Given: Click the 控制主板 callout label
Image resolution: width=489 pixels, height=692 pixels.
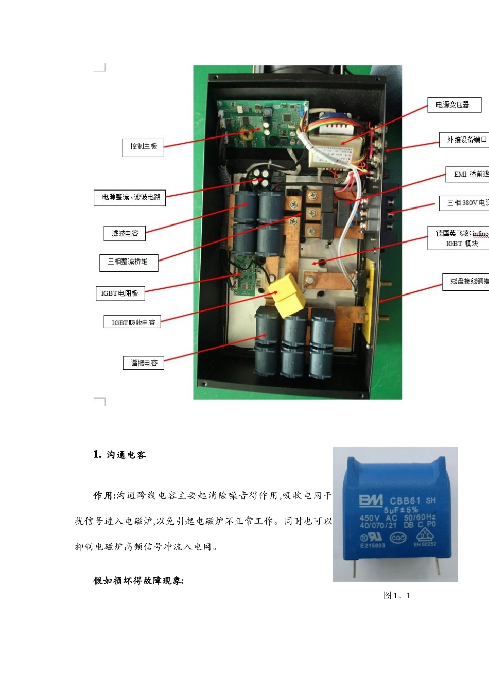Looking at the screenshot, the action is (143, 147).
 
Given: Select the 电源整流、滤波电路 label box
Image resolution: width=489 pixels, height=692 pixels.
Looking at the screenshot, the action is (130, 198).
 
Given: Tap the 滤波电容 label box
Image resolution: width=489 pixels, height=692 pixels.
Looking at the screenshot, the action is (125, 233).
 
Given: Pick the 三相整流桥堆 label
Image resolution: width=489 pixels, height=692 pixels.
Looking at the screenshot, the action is (128, 262).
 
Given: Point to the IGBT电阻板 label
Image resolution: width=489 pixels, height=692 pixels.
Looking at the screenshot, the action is (120, 293).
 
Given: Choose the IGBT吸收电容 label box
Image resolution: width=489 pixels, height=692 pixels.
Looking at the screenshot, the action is (132, 322).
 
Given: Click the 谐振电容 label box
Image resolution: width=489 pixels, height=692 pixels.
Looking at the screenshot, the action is (144, 363).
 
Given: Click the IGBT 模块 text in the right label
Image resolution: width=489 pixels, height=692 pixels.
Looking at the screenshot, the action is (462, 244).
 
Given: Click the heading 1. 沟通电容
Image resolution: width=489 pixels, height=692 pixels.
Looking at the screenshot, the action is (119, 455).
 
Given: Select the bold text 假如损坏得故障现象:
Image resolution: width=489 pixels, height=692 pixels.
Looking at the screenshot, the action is (138, 581).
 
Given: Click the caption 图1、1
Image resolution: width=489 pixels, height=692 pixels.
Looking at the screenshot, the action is (397, 596).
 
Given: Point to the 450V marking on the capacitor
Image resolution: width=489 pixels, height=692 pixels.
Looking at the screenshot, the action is (370, 518).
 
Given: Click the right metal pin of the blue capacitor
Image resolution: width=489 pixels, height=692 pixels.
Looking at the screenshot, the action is (438, 567).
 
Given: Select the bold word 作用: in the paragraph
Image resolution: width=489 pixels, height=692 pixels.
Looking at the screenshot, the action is (103, 496).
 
